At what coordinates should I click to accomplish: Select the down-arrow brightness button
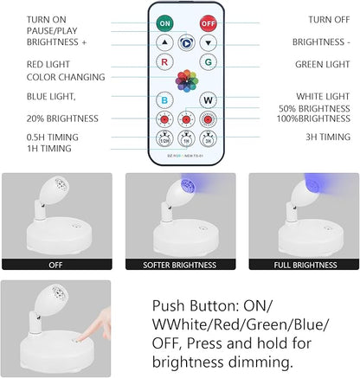tap(208, 42)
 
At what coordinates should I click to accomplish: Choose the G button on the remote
tap(208, 62)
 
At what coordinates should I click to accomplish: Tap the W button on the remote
tap(208, 99)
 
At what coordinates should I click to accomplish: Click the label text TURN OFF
tap(329, 19)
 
